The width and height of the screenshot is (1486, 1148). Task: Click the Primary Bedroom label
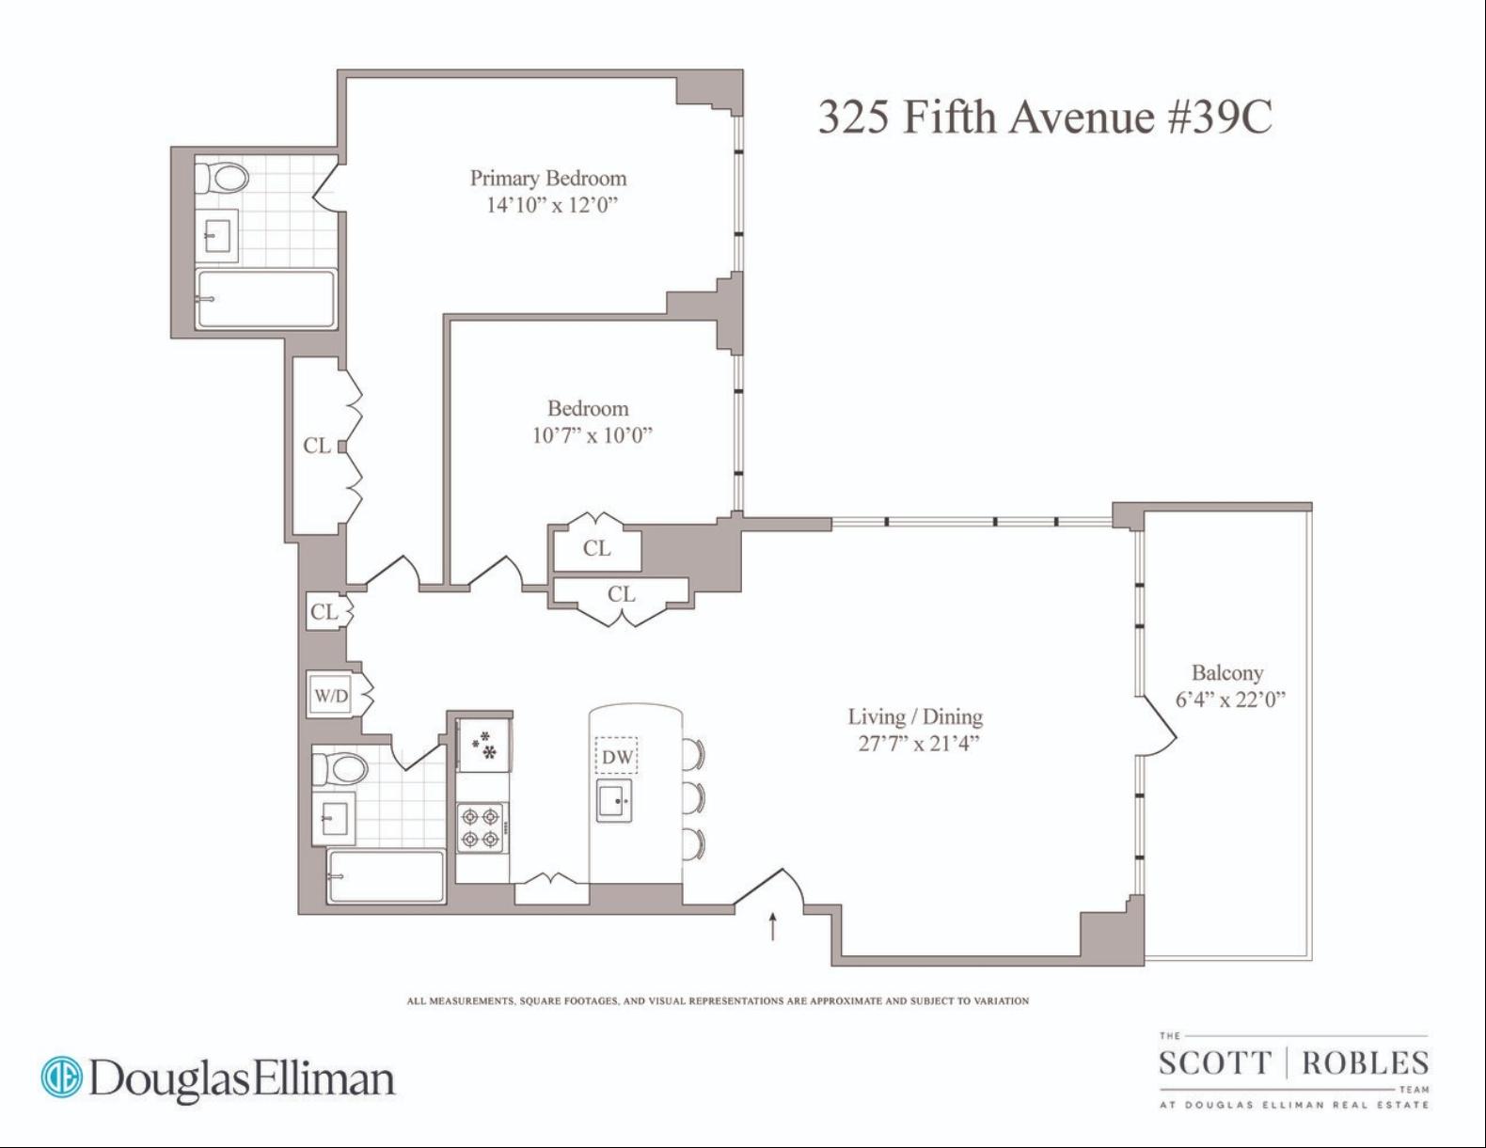pyautogui.click(x=547, y=179)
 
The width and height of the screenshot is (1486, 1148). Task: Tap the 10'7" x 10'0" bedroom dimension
pyautogui.click(x=593, y=435)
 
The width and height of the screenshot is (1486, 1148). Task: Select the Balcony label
pyautogui.click(x=1227, y=673)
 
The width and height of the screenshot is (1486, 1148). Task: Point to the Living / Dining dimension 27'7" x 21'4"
pyautogui.click(x=916, y=743)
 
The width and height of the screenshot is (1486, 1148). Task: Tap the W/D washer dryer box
pyautogui.click(x=331, y=696)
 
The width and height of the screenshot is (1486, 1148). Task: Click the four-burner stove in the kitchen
pyautogui.click(x=482, y=826)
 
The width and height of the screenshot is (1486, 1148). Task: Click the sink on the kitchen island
pyautogui.click(x=615, y=800)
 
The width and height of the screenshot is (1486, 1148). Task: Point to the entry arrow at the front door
pyautogui.click(x=773, y=927)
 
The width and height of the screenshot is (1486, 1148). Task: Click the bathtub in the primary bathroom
pyautogui.click(x=265, y=299)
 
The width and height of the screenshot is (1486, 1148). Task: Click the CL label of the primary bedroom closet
pyautogui.click(x=317, y=446)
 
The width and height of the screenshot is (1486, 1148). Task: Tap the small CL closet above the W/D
pyautogui.click(x=324, y=611)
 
